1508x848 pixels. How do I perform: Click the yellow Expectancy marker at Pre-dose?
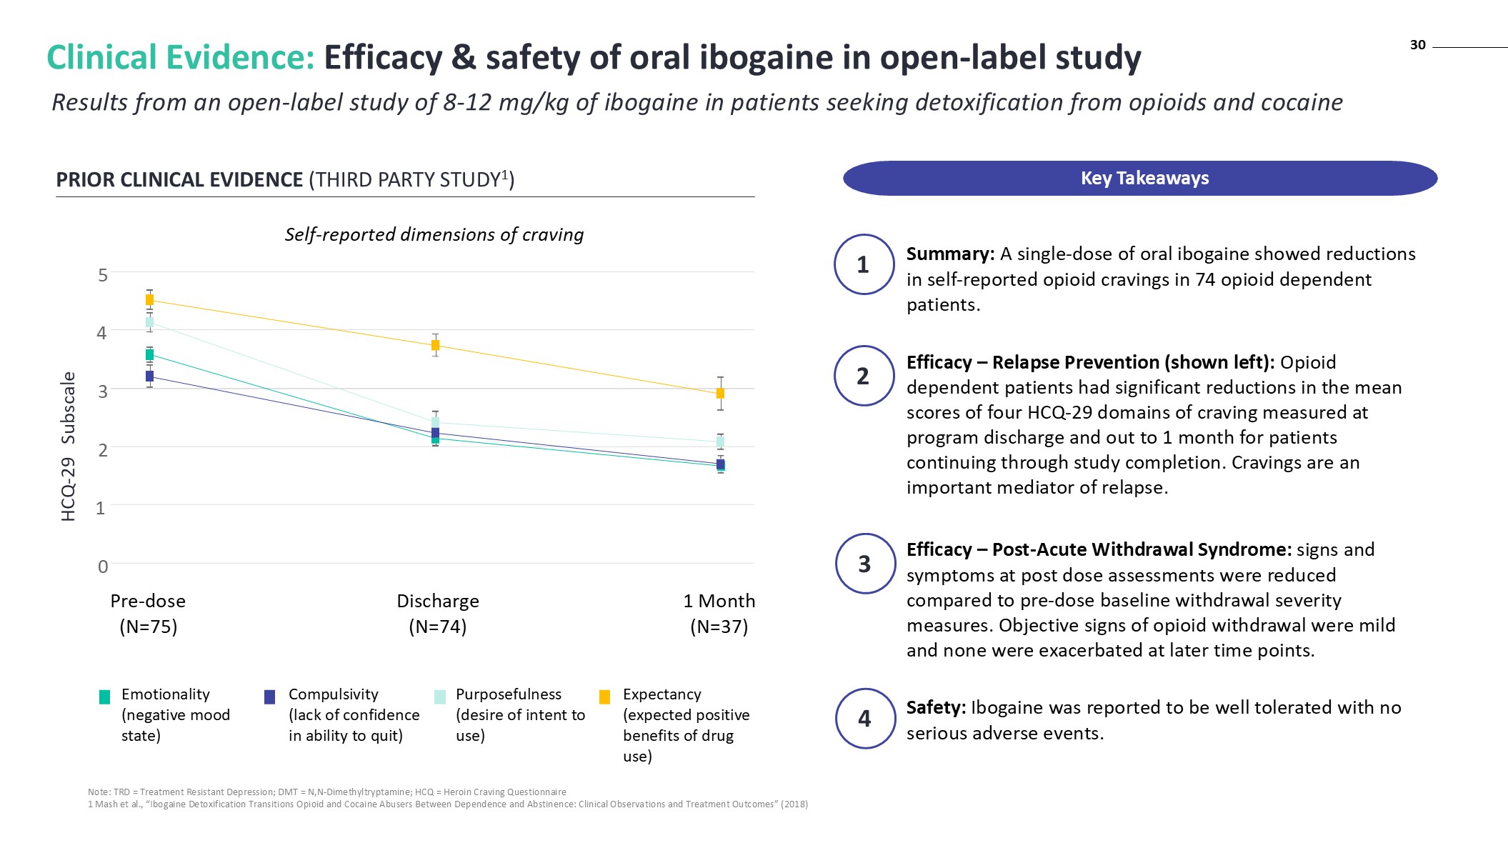149,300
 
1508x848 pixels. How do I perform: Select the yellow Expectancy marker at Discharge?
435,346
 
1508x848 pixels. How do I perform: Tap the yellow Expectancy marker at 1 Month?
720,394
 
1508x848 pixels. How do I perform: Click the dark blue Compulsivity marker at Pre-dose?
149,376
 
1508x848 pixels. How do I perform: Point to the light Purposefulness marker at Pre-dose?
149,322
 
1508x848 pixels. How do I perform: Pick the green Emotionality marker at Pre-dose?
149,355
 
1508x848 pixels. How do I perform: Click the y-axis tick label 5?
103,275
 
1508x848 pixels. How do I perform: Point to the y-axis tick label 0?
103,567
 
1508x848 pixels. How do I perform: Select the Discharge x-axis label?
437,601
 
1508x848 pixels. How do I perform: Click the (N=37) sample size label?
719,627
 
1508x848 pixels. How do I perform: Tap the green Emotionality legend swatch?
104,697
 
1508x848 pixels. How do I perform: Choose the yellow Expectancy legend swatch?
604,697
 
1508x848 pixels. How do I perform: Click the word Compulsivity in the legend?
333,694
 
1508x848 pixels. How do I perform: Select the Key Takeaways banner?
1140,178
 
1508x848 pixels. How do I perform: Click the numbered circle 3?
864,564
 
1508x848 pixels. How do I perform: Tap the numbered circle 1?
864,264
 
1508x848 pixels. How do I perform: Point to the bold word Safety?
936,707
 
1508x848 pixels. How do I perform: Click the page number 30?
1417,45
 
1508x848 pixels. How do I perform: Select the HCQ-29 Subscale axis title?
69,447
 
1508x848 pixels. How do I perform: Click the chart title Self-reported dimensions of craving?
434,234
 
